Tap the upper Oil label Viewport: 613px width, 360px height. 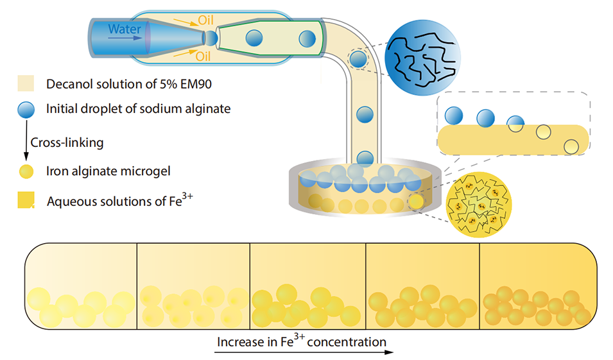(205, 20)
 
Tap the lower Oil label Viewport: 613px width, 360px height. (203, 56)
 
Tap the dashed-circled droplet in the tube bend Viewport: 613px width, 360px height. (358, 61)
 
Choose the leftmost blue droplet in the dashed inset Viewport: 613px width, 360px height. (454, 116)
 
